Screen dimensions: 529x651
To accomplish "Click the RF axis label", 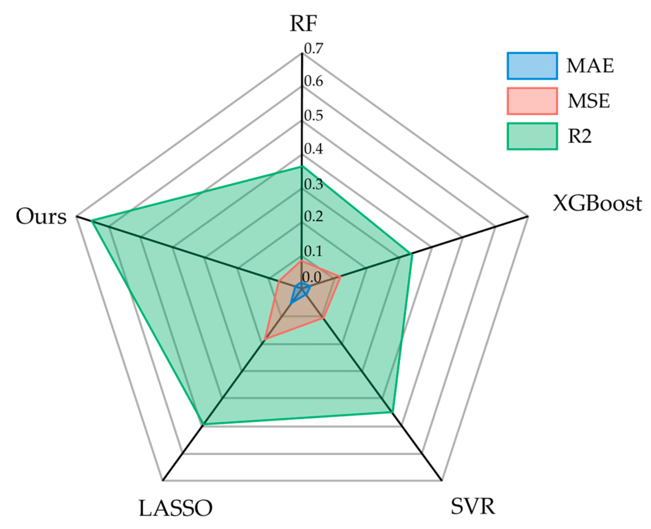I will (303, 23).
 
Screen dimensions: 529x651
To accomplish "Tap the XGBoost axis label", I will (597, 204).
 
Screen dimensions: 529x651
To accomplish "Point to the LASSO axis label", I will (176, 508).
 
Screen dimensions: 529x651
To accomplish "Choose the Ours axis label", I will (41, 217).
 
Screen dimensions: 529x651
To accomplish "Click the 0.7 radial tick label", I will (314, 48).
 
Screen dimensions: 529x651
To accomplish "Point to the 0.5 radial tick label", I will (314, 116).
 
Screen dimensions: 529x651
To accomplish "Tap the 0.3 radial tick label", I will (314, 184).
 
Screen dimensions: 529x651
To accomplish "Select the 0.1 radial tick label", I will (314, 251).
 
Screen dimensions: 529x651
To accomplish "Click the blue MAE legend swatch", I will (532, 66).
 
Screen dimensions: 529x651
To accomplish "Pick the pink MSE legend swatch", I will (532, 101).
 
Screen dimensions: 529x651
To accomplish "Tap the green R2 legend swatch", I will (532, 136).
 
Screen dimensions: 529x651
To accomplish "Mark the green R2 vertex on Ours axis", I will (92, 221).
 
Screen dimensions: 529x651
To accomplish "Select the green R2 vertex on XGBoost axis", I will (412, 254).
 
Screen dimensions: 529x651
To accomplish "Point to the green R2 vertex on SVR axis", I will (392, 412).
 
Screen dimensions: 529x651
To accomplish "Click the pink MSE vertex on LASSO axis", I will (265, 339).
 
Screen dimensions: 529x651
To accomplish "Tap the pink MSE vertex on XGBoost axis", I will (340, 277).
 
